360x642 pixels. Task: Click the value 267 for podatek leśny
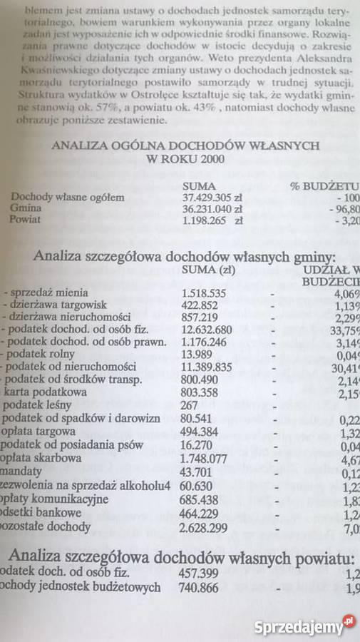tap(190, 404)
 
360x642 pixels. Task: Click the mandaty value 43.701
tap(197, 471)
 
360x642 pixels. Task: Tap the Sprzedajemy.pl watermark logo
tap(304, 627)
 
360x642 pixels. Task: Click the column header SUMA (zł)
tap(209, 269)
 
